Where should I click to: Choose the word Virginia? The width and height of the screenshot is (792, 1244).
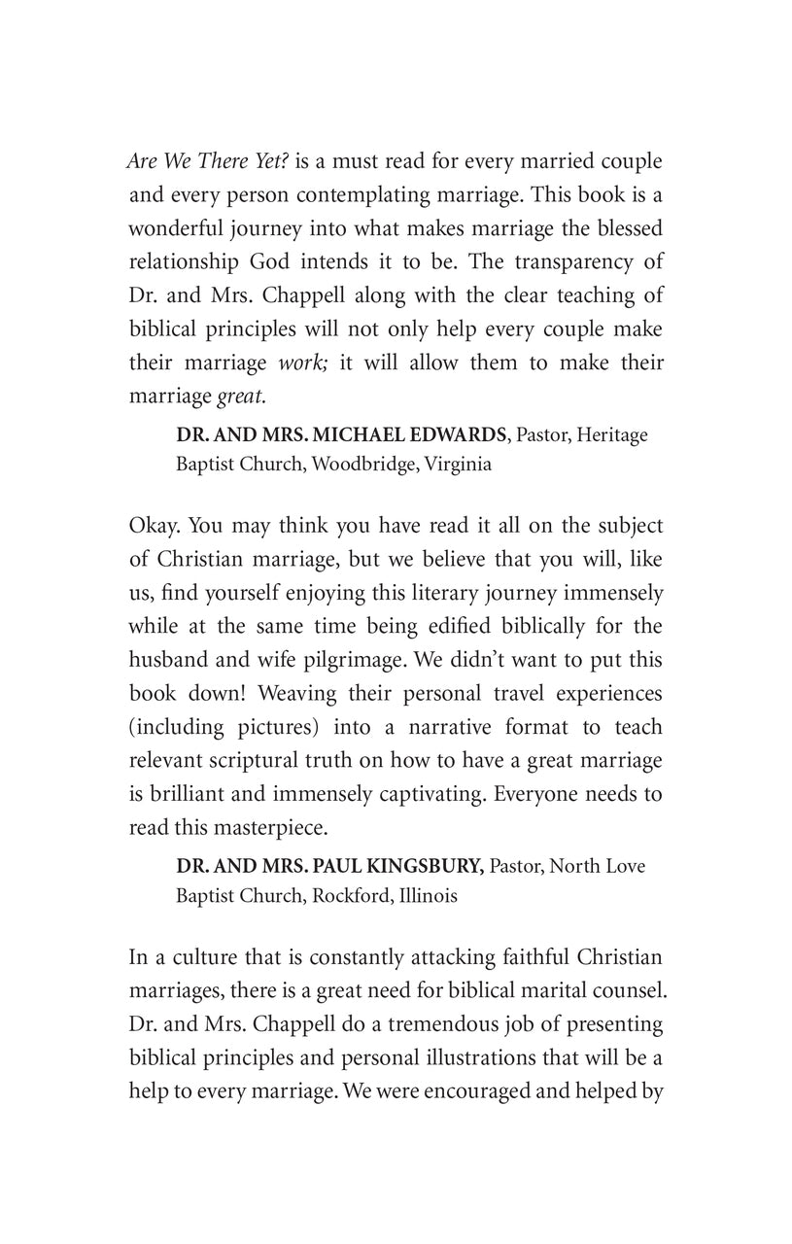456,464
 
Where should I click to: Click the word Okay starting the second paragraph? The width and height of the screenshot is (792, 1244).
154,526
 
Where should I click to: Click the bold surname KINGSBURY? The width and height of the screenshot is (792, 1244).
420,866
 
